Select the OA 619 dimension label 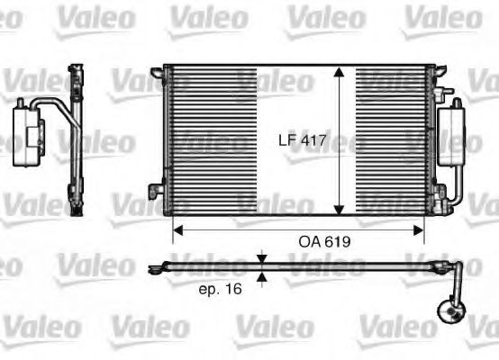[325, 241]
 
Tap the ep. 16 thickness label [219, 290]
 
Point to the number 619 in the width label [337, 241]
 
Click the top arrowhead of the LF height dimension [339, 73]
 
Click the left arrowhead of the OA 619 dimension [177, 229]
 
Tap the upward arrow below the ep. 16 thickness [262, 277]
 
